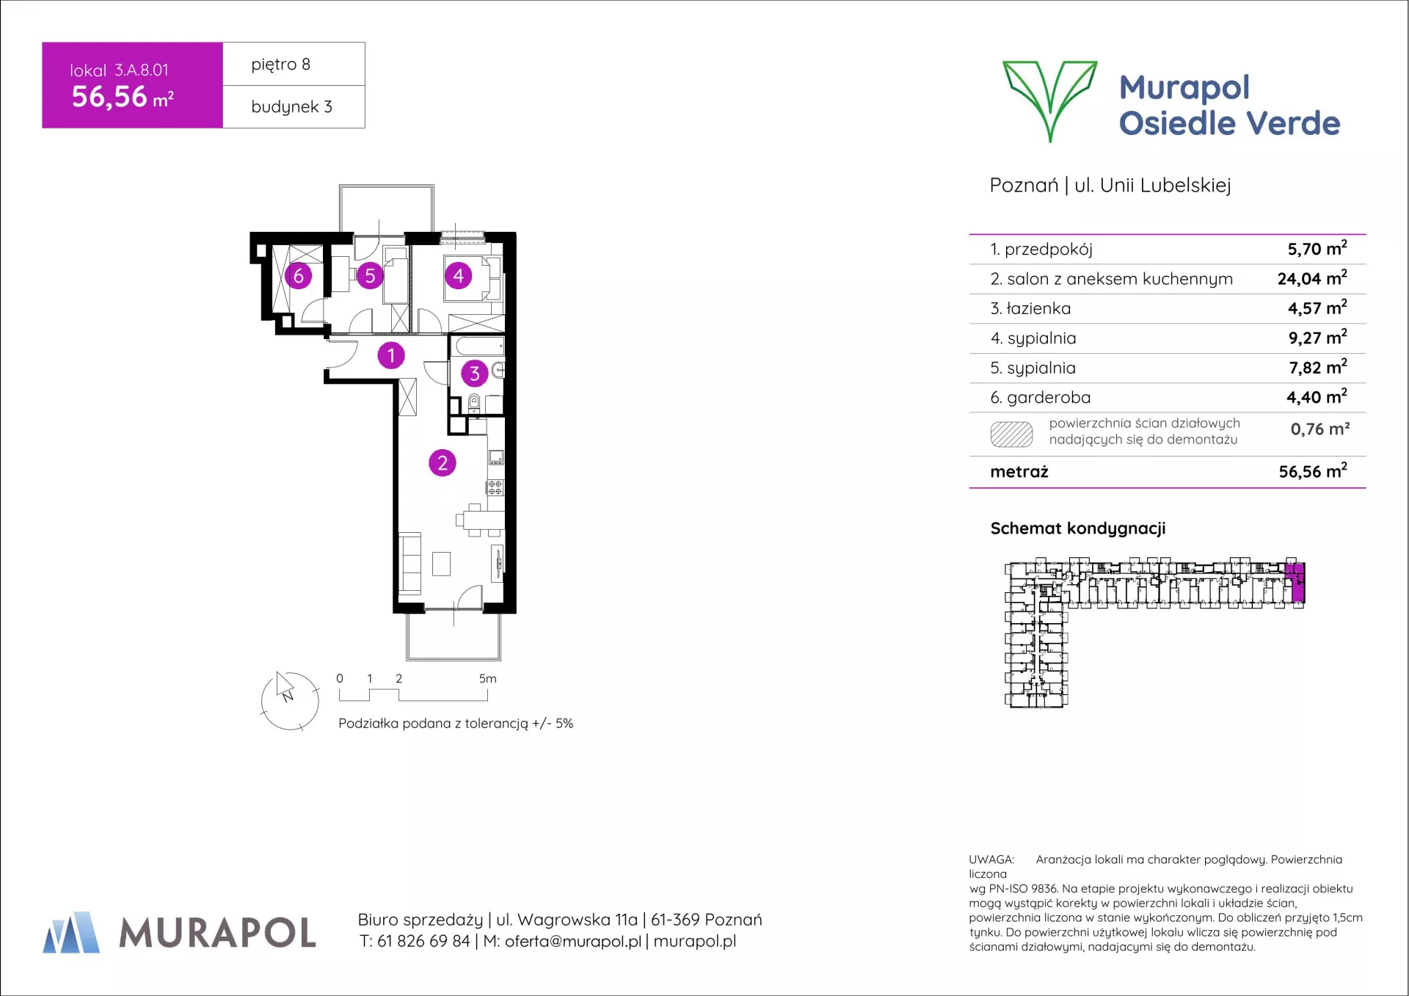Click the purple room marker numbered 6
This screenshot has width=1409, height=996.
[x=298, y=276]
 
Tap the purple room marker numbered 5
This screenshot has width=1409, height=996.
[x=370, y=276]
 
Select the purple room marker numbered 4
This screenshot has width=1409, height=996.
[x=459, y=276]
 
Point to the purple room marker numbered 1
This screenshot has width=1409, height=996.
[x=391, y=356]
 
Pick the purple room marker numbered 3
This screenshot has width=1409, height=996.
[x=475, y=374]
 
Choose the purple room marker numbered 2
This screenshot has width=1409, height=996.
[x=443, y=463]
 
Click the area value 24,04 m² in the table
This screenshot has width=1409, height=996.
[x=1312, y=278]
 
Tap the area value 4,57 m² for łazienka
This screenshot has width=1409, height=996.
[x=1317, y=308]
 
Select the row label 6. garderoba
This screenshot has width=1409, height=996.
[x=1041, y=398]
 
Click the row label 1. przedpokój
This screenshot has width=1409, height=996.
[x=1041, y=250]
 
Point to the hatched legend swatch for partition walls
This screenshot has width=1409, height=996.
[x=1011, y=435]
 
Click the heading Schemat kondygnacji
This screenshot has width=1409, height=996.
[x=1078, y=528]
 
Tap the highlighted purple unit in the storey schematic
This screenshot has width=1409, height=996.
[x=1296, y=582]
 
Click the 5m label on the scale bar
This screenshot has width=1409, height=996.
[x=487, y=679]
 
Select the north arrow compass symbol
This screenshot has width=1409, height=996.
[x=290, y=701]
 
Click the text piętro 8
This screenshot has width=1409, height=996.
[x=281, y=65]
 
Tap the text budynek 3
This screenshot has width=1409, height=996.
[x=291, y=107]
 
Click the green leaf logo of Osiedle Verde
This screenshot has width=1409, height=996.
[x=1050, y=101]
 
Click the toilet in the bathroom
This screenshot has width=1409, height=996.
[x=474, y=403]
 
